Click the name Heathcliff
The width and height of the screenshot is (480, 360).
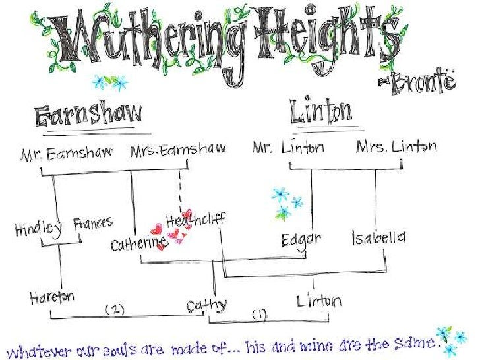(x=196, y=220)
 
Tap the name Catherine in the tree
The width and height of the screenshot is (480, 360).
(x=138, y=244)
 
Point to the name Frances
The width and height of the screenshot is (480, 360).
(x=93, y=224)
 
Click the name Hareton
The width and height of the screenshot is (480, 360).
(x=52, y=297)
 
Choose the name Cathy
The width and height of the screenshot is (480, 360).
(x=206, y=306)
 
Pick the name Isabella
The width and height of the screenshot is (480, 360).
(x=378, y=237)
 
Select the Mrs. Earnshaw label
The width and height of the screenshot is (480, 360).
(x=177, y=151)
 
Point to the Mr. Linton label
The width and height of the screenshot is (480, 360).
(x=288, y=148)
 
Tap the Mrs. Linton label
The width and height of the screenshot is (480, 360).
(x=396, y=146)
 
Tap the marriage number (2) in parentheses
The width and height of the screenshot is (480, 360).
(x=114, y=309)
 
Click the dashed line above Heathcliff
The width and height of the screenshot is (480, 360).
(x=179, y=191)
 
